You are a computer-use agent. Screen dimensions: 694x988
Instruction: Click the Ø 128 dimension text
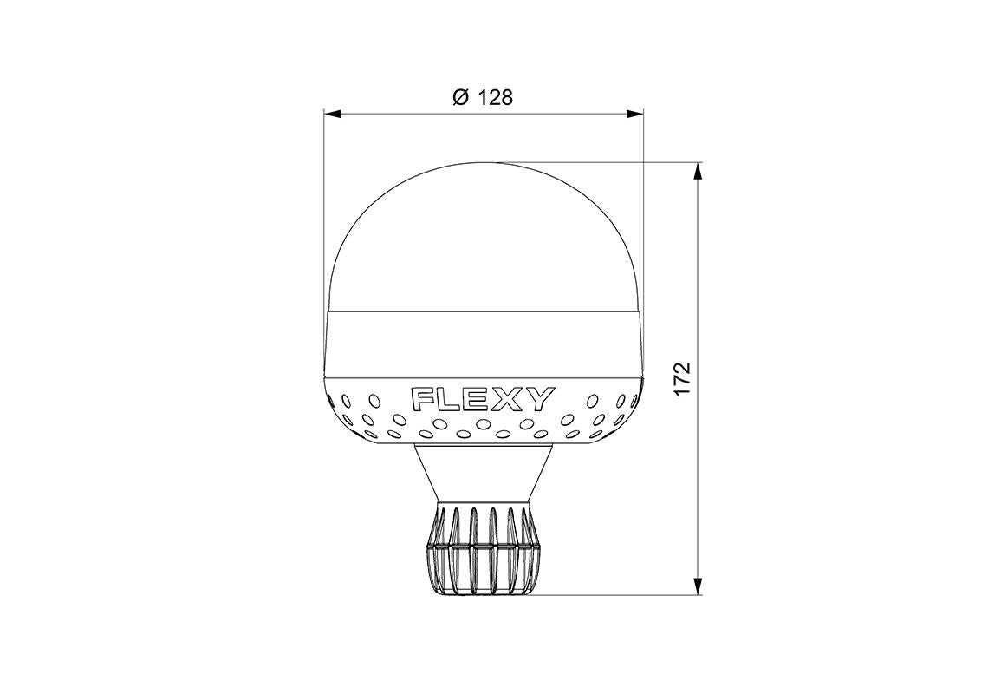[x=483, y=97]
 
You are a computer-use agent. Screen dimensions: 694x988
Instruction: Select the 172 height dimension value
[x=682, y=379]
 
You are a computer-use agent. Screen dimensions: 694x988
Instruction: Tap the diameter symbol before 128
[x=461, y=97]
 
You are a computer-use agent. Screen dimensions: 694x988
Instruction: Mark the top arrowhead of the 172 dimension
[x=699, y=169]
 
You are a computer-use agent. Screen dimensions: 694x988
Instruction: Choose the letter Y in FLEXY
[x=537, y=400]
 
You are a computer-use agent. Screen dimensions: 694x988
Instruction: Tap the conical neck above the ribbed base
[x=484, y=473]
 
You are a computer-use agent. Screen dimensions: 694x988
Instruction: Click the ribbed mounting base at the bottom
[x=484, y=551]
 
